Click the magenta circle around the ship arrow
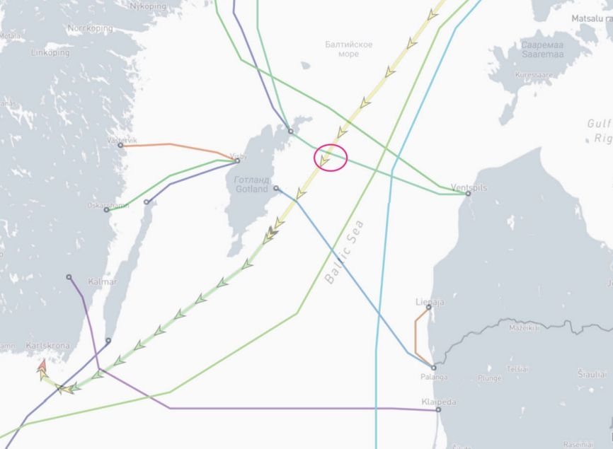[330, 158]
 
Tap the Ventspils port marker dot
[468, 194]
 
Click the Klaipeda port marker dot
[438, 410]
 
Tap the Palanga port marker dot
[434, 368]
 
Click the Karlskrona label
[47, 346]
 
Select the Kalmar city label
[102, 282]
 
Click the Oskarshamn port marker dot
[107, 210]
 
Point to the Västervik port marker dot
[121, 146]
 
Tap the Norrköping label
[90, 29]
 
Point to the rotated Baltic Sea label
[345, 252]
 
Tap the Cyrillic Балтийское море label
[349, 49]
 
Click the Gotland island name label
[251, 185]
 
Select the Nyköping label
[148, 6]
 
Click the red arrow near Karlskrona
[42, 366]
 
